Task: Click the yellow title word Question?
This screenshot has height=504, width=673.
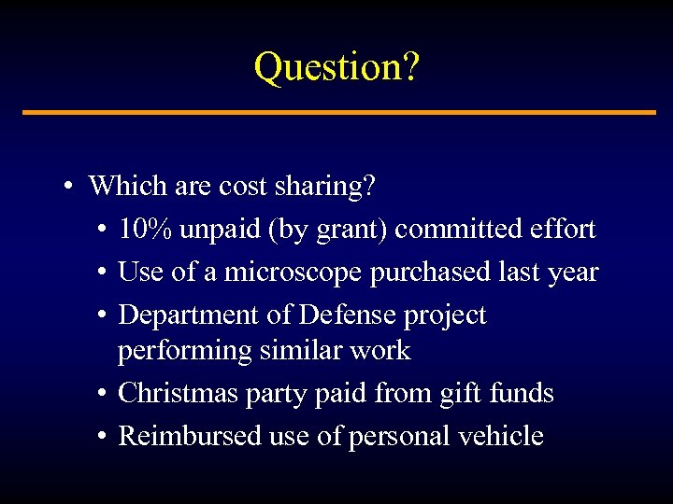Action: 336,67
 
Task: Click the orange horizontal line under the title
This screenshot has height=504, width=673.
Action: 338,113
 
